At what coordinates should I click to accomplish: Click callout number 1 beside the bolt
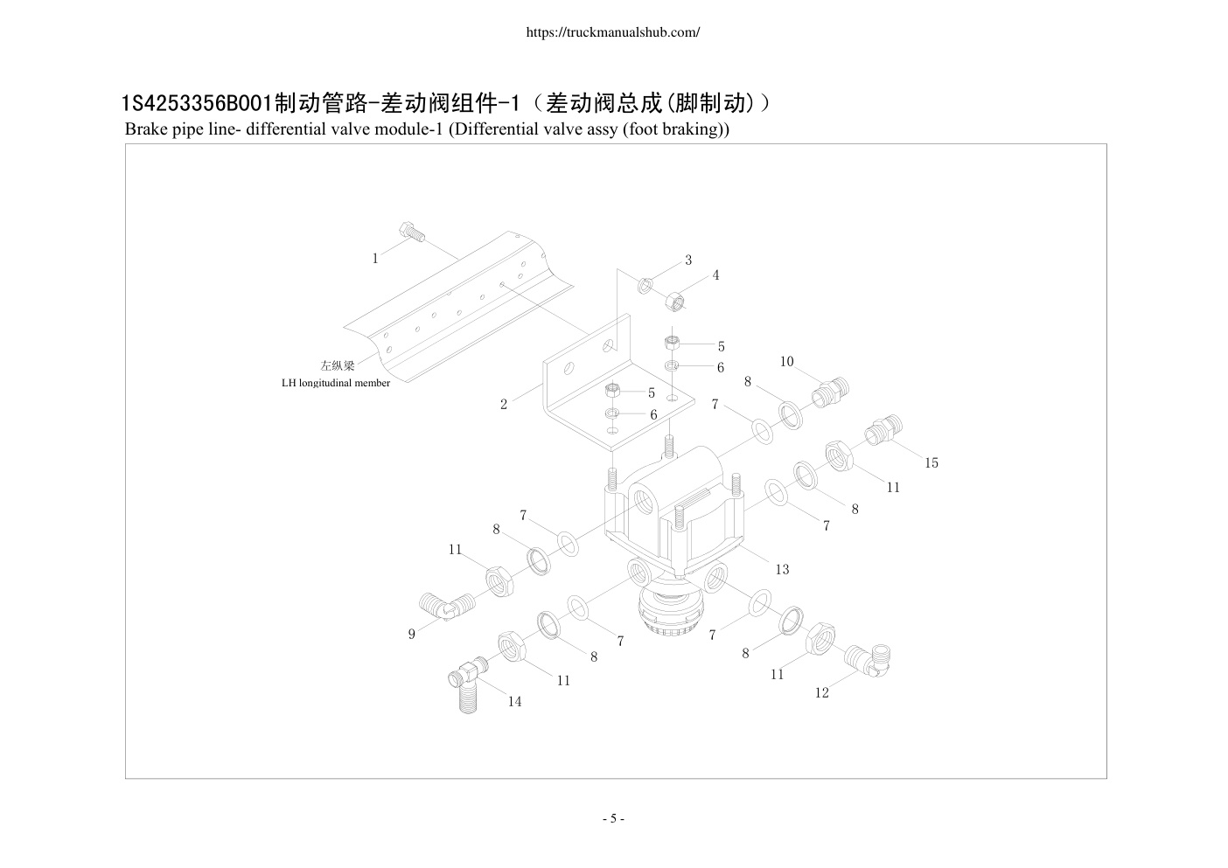point(375,259)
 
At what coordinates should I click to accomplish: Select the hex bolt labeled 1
point(412,233)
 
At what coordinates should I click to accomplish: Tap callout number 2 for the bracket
point(503,405)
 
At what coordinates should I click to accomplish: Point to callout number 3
point(688,260)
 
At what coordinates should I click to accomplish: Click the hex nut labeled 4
point(675,302)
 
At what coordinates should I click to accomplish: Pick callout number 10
point(786,362)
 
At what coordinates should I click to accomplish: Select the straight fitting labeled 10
point(830,392)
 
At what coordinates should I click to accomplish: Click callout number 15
point(931,463)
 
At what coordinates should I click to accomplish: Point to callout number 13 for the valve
point(782,570)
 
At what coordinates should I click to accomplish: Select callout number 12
point(822,693)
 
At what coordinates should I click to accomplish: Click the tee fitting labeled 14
point(468,684)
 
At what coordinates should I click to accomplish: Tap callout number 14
point(514,702)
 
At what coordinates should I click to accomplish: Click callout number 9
point(412,635)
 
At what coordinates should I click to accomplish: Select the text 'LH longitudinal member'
point(336,383)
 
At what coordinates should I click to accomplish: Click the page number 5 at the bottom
point(613,819)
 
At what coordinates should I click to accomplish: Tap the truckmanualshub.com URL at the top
point(613,32)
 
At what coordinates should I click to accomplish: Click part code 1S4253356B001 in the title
point(197,103)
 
